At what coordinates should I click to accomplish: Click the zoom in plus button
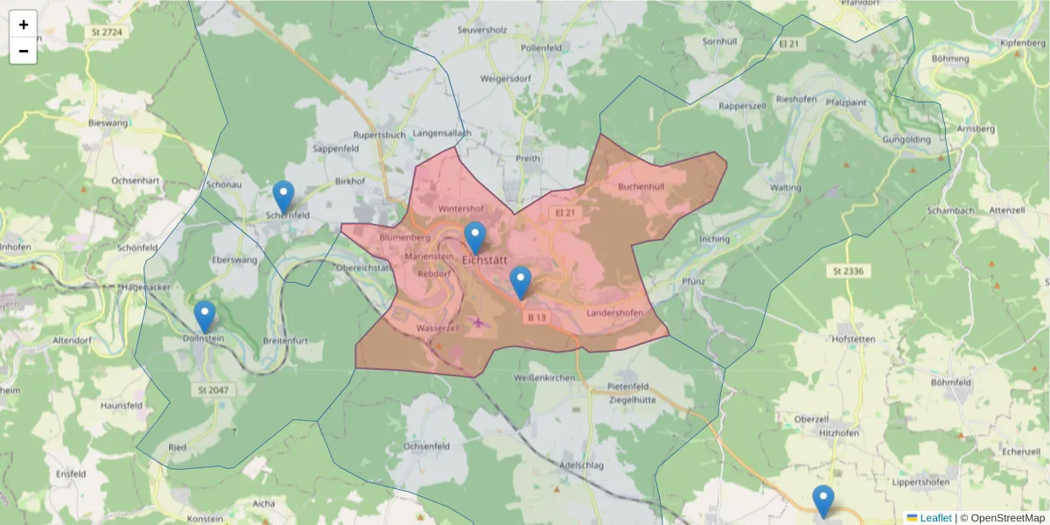(24, 24)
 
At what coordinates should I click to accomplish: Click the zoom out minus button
(24, 51)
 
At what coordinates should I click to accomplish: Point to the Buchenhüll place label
(641, 186)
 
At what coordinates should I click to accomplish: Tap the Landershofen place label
(615, 313)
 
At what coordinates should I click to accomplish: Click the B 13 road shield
(536, 318)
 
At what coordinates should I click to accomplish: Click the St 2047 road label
(213, 389)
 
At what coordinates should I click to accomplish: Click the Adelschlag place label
(581, 465)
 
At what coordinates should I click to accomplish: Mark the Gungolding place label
(906, 139)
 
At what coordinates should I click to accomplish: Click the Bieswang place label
(108, 123)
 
